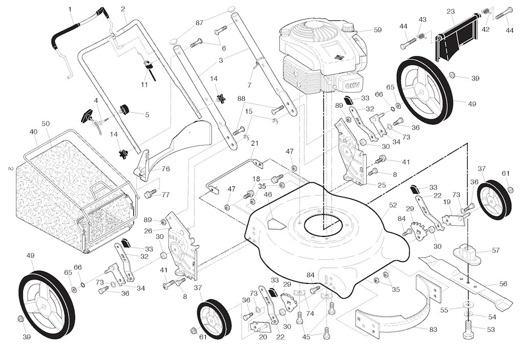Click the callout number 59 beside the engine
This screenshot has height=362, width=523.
click(377, 30)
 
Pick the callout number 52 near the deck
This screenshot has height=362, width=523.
click(392, 205)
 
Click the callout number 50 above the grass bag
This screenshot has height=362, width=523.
click(45, 124)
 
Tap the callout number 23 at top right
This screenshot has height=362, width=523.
click(450, 12)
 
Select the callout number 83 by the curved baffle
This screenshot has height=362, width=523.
click(433, 330)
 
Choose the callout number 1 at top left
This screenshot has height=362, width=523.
click(70, 9)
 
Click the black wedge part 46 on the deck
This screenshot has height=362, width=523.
click(277, 223)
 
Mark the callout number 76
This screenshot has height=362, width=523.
click(165, 169)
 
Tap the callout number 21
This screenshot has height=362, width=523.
click(254, 143)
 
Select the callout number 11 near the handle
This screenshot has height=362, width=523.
click(144, 84)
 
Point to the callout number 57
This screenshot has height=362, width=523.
click(495, 251)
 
